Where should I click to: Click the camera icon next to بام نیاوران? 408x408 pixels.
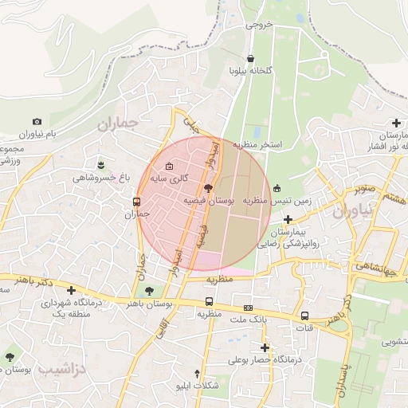coord(37,120)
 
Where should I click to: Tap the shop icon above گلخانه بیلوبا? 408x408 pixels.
coord(251,58)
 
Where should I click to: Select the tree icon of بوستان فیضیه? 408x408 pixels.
coord(208,188)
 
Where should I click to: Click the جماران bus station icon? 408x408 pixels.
coord(137,202)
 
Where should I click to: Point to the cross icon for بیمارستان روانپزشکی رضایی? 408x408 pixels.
coord(287,218)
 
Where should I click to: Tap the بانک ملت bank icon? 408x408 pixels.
coord(248,308)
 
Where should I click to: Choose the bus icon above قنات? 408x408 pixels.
coord(304,316)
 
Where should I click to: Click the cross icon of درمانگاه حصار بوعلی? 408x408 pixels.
coord(265,347)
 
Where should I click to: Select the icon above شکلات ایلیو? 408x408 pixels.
coord(197,373)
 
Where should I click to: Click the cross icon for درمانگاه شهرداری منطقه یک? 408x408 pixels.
coord(72,290)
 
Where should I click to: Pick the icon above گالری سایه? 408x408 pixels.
coord(168,166)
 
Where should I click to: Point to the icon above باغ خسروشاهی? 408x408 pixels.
coord(100,163)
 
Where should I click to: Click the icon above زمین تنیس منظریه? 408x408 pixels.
coord(277,189)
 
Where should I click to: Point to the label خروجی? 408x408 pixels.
coord(259,25)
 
